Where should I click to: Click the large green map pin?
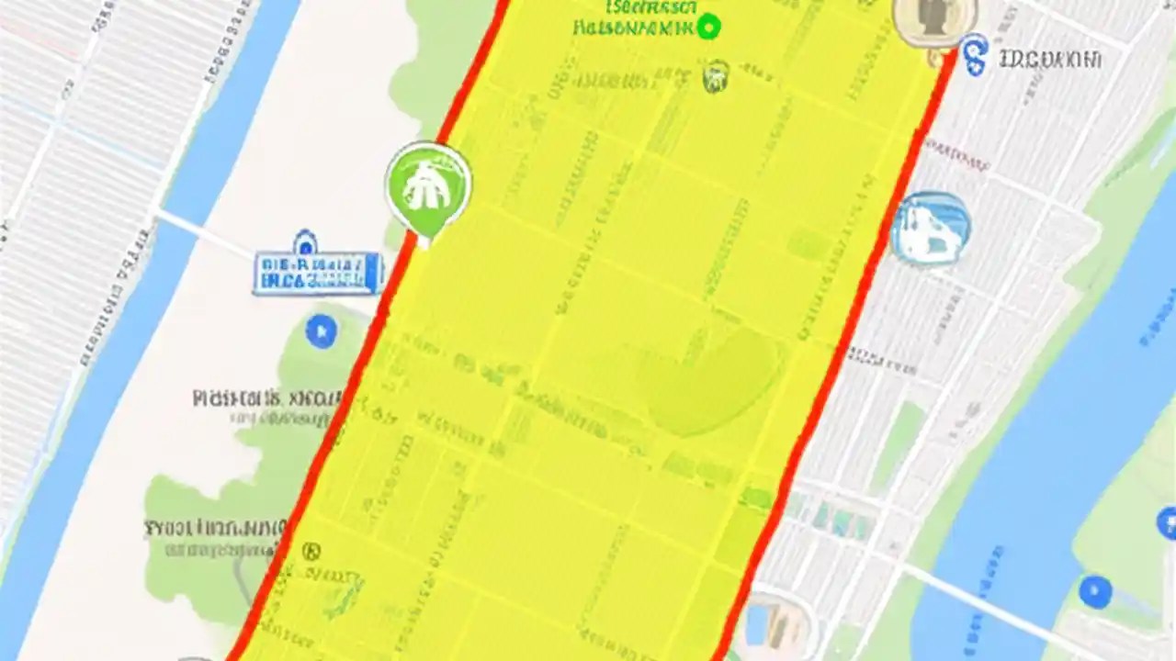coord(428,186)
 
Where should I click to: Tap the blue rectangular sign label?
coord(318,273)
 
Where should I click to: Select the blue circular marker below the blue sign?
coord(321,330)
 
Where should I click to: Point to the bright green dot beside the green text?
coord(708,27)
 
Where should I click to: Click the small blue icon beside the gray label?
coord(974,55)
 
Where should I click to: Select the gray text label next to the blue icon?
coord(1049,60)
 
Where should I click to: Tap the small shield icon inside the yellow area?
coord(716,76)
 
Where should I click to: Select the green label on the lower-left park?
coord(213,529)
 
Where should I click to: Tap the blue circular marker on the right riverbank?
coord(1094,590)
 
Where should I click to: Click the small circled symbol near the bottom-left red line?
coord(311,551)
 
